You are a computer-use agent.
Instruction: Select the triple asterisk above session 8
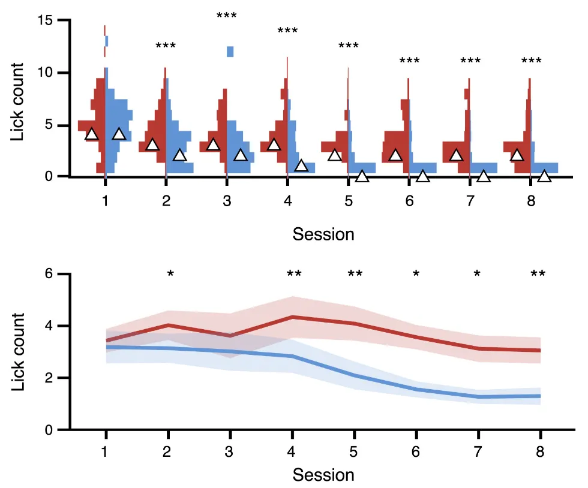click(531, 61)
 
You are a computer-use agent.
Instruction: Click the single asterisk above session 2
click(170, 275)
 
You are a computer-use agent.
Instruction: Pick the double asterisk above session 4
click(294, 275)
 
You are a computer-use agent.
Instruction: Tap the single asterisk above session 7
click(477, 275)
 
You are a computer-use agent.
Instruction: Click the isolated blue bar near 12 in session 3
click(230, 52)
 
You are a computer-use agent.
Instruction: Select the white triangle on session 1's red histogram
click(91, 134)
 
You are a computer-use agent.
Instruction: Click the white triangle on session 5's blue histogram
click(362, 176)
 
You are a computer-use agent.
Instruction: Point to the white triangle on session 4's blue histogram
click(301, 166)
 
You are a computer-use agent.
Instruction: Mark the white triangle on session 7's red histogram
click(456, 155)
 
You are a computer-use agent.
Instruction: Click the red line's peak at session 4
click(292, 317)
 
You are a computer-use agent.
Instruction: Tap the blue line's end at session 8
click(540, 396)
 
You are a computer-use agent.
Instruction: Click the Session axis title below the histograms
click(323, 234)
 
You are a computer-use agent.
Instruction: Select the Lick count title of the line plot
click(19, 352)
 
